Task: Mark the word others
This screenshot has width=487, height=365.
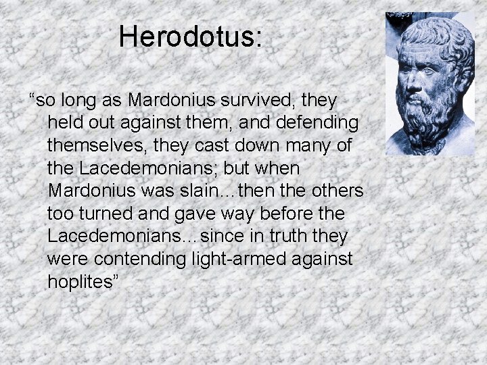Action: [331, 191]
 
